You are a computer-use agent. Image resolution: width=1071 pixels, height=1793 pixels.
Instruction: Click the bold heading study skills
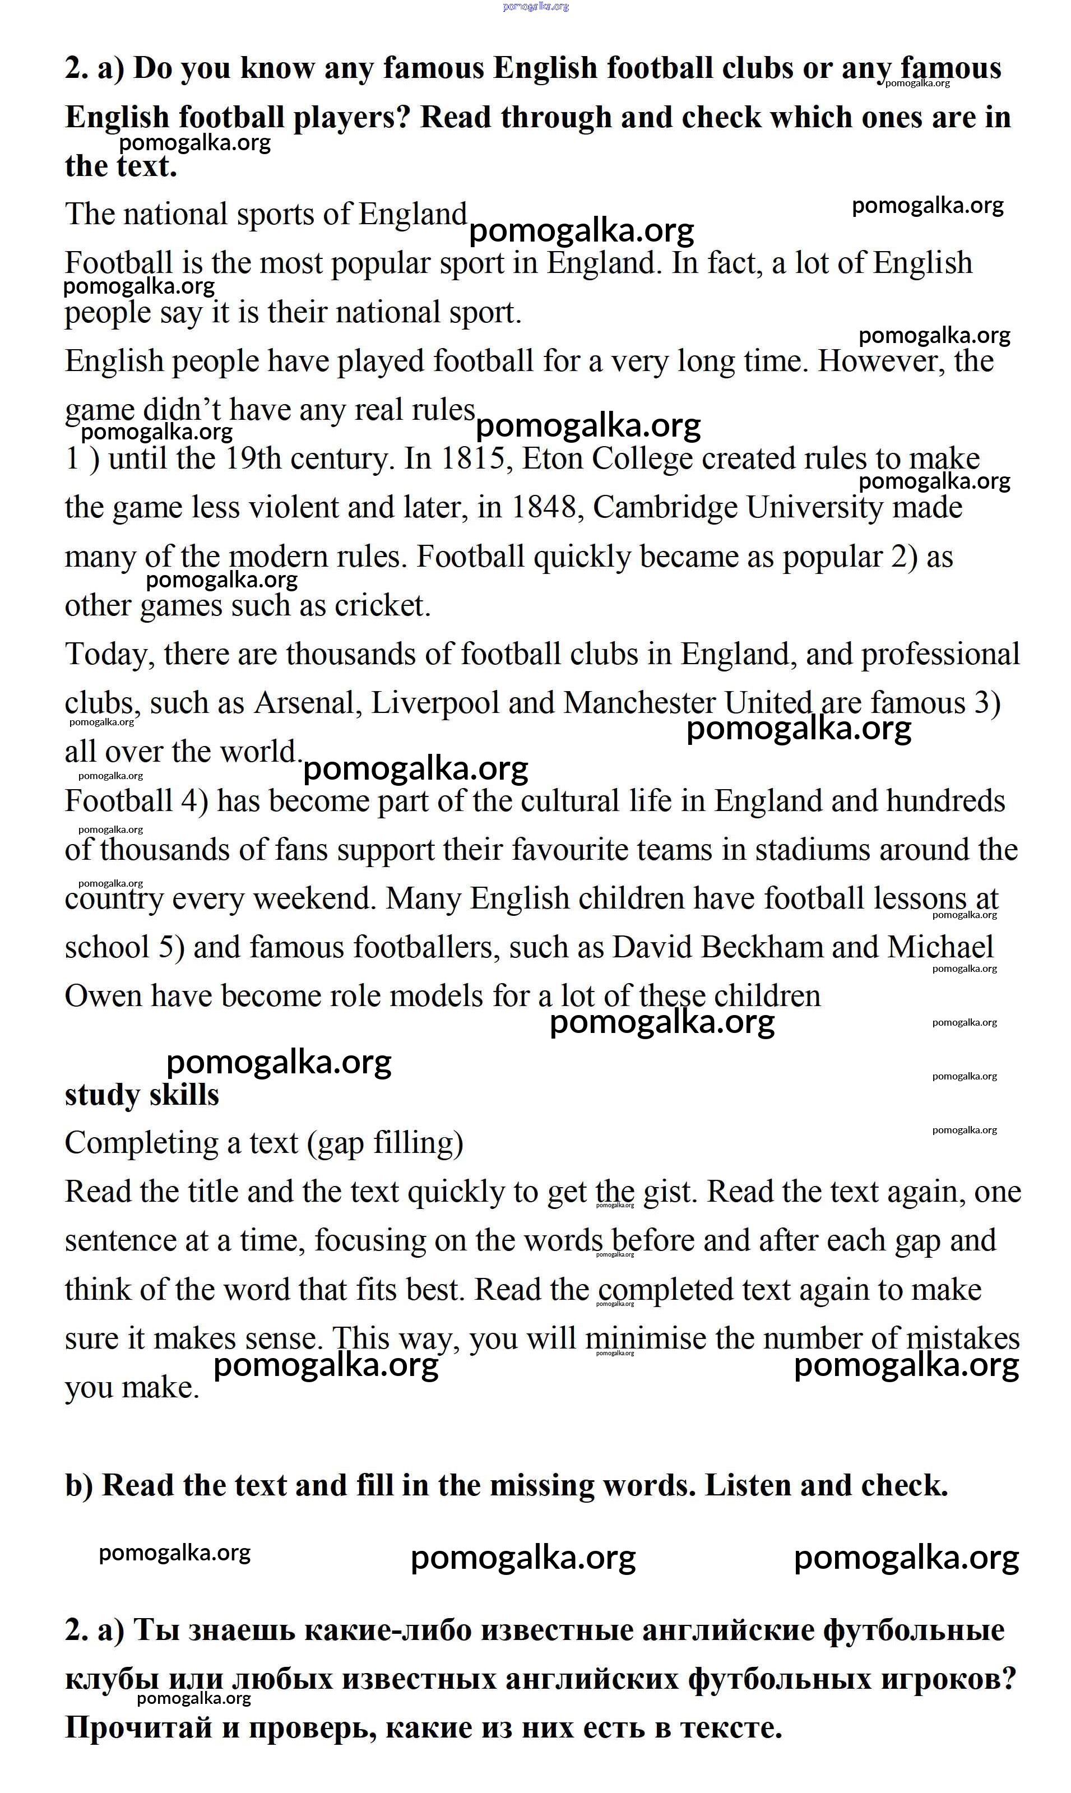(141, 1095)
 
